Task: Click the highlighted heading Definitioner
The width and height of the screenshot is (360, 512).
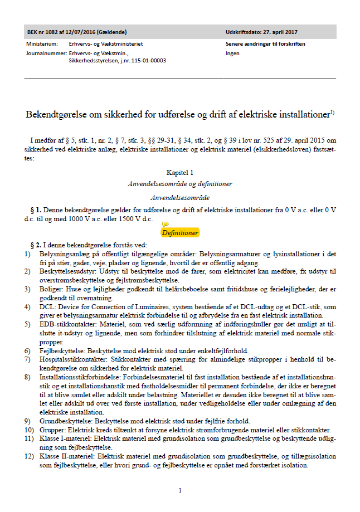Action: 180,232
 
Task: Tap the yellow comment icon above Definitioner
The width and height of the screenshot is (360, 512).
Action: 165,224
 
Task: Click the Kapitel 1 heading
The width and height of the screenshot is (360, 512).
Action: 179,173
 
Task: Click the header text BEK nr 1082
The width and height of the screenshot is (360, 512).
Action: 46,31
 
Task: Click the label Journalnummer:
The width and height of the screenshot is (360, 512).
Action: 46,53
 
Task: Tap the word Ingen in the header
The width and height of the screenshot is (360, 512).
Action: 232,53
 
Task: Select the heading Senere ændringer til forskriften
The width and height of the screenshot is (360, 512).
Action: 265,43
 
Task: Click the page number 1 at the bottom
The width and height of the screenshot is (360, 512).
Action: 180,490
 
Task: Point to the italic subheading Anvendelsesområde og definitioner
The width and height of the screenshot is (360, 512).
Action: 179,184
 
